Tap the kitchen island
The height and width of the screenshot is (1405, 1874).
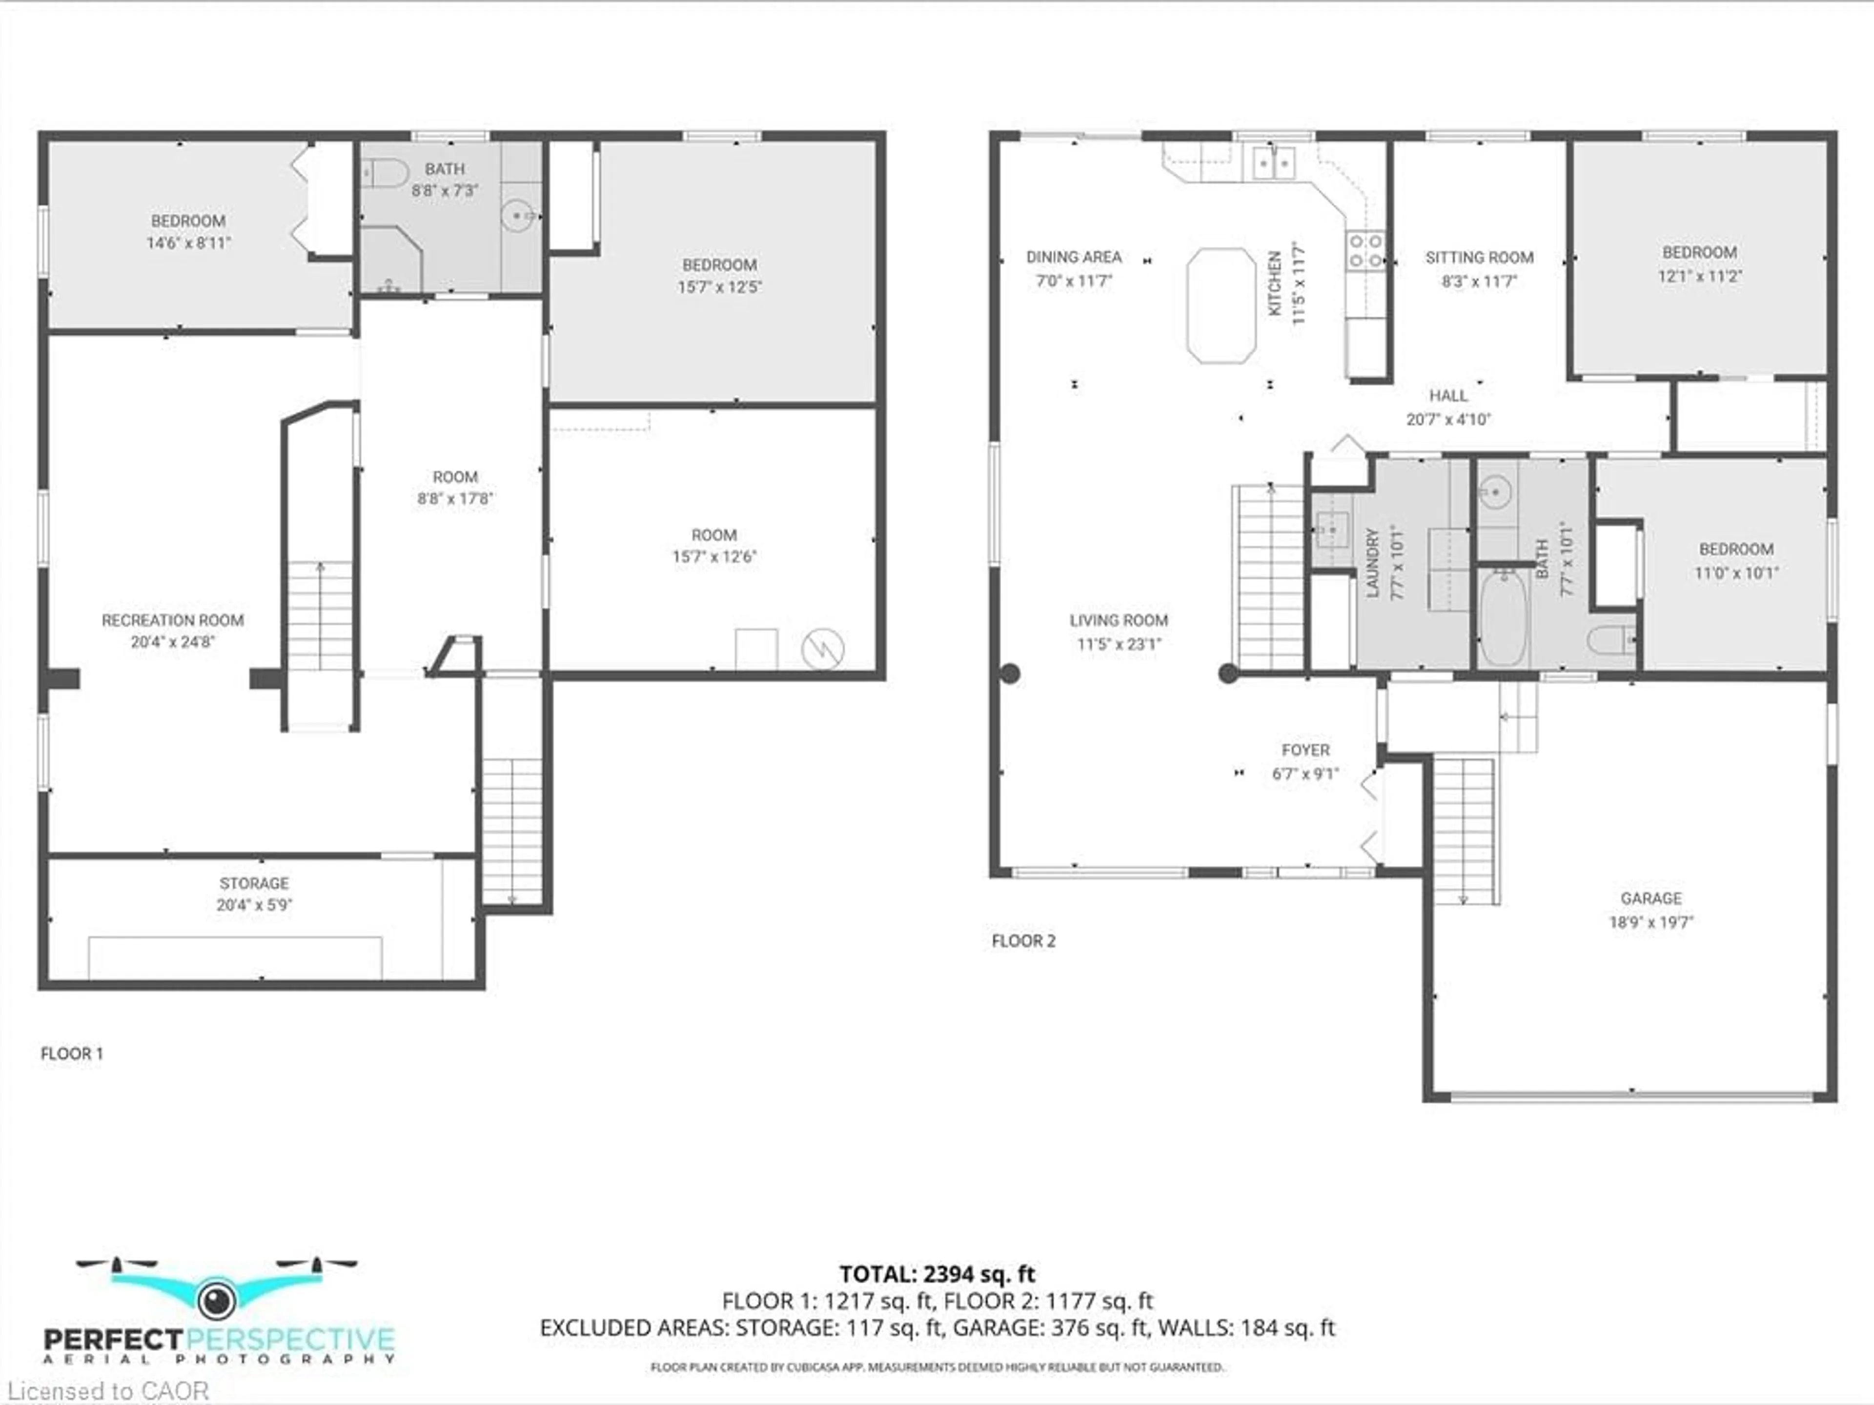click(1221, 305)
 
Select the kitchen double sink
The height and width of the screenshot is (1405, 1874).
click(1273, 163)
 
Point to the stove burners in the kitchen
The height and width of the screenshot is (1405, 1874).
click(1365, 251)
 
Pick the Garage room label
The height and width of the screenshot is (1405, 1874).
click(1651, 898)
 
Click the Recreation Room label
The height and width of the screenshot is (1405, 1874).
click(173, 620)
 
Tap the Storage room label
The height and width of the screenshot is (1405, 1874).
click(254, 883)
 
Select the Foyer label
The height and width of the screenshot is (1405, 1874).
click(1305, 750)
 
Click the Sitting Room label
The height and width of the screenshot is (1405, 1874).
click(1479, 258)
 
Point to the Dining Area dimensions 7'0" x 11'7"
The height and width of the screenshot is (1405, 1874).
click(1074, 281)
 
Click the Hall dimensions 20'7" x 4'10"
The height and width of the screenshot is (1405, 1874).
click(1449, 419)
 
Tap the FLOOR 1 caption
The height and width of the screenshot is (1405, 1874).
click(72, 1053)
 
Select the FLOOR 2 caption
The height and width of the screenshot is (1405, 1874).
click(1023, 940)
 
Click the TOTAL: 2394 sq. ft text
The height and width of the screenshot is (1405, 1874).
click(937, 1274)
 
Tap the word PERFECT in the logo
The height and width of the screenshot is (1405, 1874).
click(113, 1340)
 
